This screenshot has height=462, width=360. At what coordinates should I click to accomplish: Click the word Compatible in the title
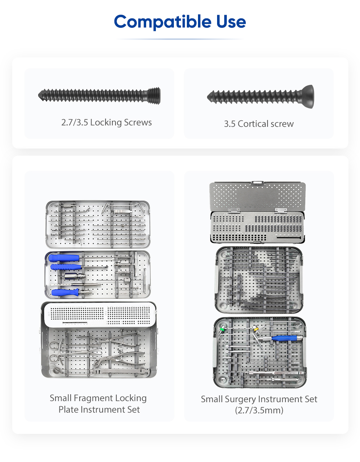(x=162, y=22)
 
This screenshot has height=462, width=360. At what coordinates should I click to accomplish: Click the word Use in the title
(x=231, y=22)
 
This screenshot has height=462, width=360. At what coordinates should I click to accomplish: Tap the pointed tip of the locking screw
(x=39, y=95)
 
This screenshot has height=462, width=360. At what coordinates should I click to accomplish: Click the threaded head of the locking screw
(x=154, y=95)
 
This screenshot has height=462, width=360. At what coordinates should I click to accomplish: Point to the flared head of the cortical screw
(x=307, y=96)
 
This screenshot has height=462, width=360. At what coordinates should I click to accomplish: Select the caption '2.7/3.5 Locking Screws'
(x=107, y=123)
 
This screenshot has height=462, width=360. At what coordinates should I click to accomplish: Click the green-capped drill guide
(x=222, y=329)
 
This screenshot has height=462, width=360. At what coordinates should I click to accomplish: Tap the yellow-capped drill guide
(x=256, y=329)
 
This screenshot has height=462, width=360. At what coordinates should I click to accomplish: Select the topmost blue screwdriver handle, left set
(x=64, y=258)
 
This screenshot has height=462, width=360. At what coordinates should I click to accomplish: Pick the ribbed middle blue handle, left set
(x=66, y=267)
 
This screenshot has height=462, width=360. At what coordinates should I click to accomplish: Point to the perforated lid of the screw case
(x=257, y=196)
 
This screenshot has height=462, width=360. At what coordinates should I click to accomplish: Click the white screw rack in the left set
(x=100, y=315)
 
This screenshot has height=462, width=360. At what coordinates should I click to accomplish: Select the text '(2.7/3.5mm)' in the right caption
(x=259, y=410)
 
